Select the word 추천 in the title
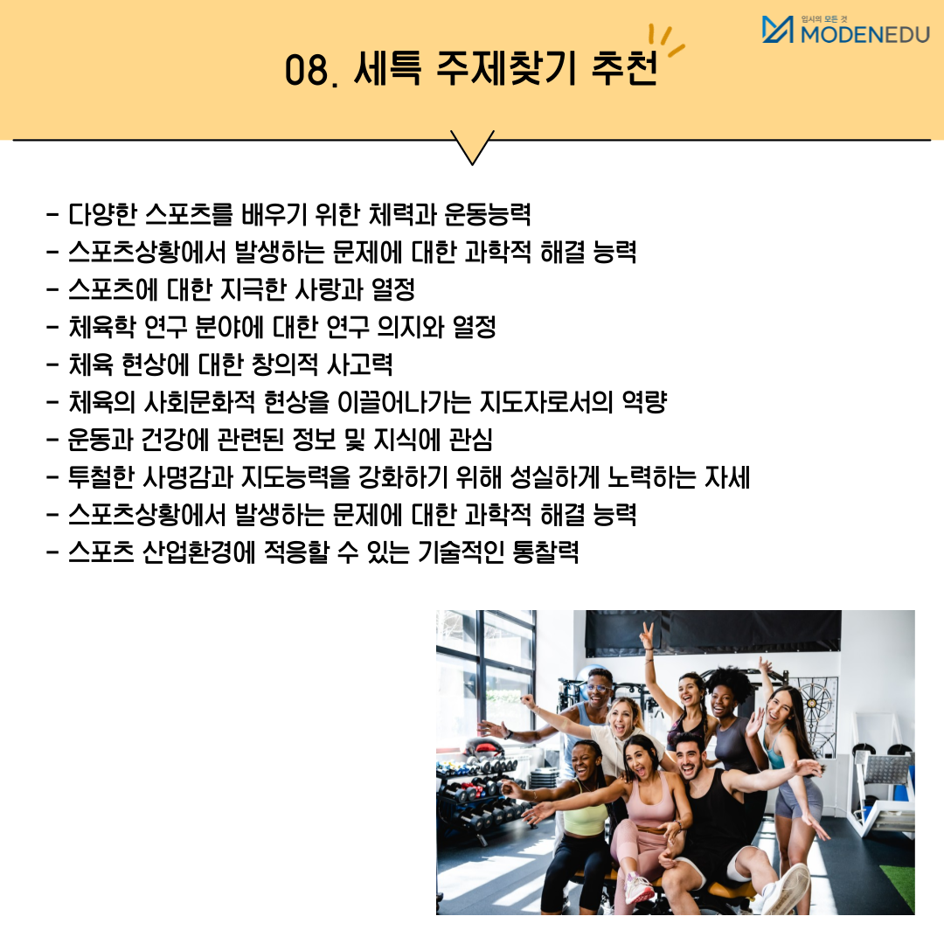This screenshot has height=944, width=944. tap(624, 67)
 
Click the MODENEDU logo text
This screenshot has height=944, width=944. tap(865, 34)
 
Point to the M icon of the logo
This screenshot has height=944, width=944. tap(777, 29)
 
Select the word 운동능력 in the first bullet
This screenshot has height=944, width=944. tap(488, 214)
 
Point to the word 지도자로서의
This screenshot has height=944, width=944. tap(546, 402)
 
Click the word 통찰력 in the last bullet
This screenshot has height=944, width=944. tap(545, 552)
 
